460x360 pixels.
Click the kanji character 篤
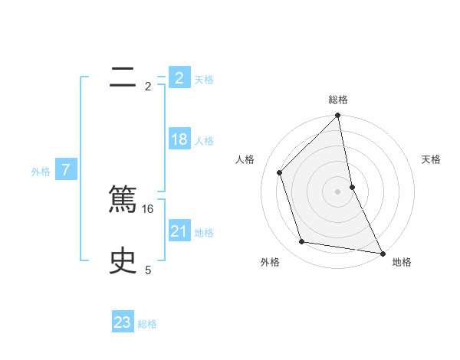click(x=123, y=200)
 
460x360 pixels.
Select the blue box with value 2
click(x=179, y=78)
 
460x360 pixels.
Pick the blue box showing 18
click(x=179, y=139)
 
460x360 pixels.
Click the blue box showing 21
click(x=179, y=231)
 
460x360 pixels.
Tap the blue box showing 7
click(x=66, y=170)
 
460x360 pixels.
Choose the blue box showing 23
click(x=123, y=322)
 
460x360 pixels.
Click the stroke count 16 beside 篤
click(x=149, y=208)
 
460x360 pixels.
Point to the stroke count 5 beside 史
click(x=148, y=270)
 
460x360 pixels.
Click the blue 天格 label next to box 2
click(x=204, y=79)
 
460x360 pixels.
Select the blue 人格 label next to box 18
click(x=204, y=141)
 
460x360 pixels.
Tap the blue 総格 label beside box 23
click(x=147, y=324)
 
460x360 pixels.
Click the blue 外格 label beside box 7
click(x=41, y=172)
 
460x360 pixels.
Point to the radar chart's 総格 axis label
click(x=338, y=100)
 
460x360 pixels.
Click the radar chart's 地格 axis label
click(x=402, y=263)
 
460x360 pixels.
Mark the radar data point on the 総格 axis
click(x=338, y=116)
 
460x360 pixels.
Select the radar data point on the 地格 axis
click(x=382, y=253)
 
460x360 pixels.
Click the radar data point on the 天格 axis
click(x=352, y=187)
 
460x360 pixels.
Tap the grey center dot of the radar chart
click(x=338, y=191)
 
